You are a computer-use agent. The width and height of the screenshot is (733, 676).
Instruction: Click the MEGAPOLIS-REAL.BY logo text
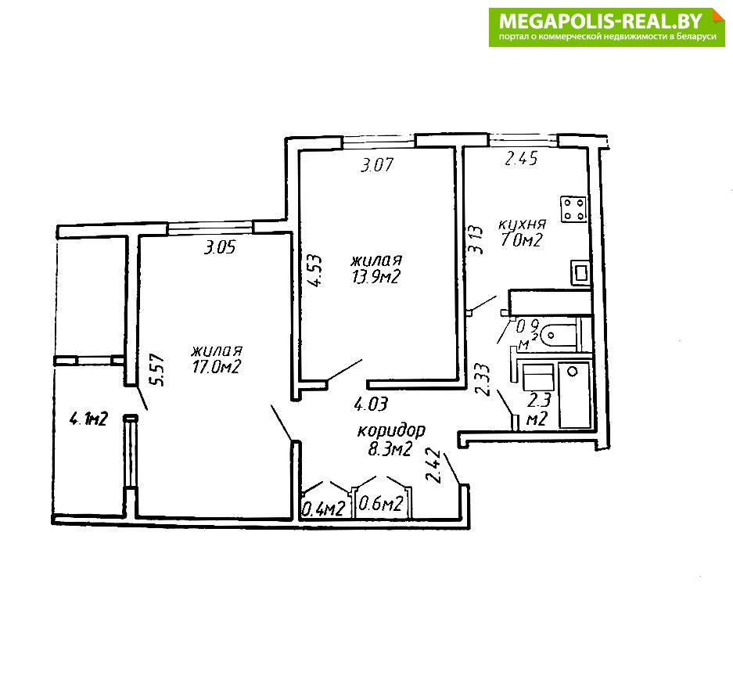pyautogui.click(x=601, y=21)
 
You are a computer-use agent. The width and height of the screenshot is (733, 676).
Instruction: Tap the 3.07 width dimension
pyautogui.click(x=377, y=165)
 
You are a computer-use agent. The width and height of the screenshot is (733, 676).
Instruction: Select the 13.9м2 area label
pyautogui.click(x=376, y=277)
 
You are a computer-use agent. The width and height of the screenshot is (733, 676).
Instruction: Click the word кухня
pyautogui.click(x=522, y=224)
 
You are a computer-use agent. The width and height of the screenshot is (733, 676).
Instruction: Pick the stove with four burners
pyautogui.click(x=574, y=209)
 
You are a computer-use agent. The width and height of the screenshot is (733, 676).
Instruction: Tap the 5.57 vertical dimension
pyautogui.click(x=158, y=369)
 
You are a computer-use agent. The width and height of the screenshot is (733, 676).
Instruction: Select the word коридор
pyautogui.click(x=391, y=430)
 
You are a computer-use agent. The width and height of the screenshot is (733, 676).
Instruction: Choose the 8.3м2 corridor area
pyautogui.click(x=390, y=449)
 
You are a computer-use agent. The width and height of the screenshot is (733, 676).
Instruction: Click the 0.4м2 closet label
pyautogui.click(x=325, y=508)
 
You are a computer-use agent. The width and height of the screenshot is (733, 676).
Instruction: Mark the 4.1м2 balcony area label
pyautogui.click(x=88, y=418)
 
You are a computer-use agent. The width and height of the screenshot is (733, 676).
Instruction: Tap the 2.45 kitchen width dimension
pyautogui.click(x=521, y=159)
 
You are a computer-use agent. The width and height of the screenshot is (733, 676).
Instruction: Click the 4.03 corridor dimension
pyautogui.click(x=371, y=404)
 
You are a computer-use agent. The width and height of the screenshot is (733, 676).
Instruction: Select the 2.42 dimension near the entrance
pyautogui.click(x=433, y=466)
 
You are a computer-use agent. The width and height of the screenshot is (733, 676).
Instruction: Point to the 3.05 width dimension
pyautogui.click(x=220, y=246)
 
